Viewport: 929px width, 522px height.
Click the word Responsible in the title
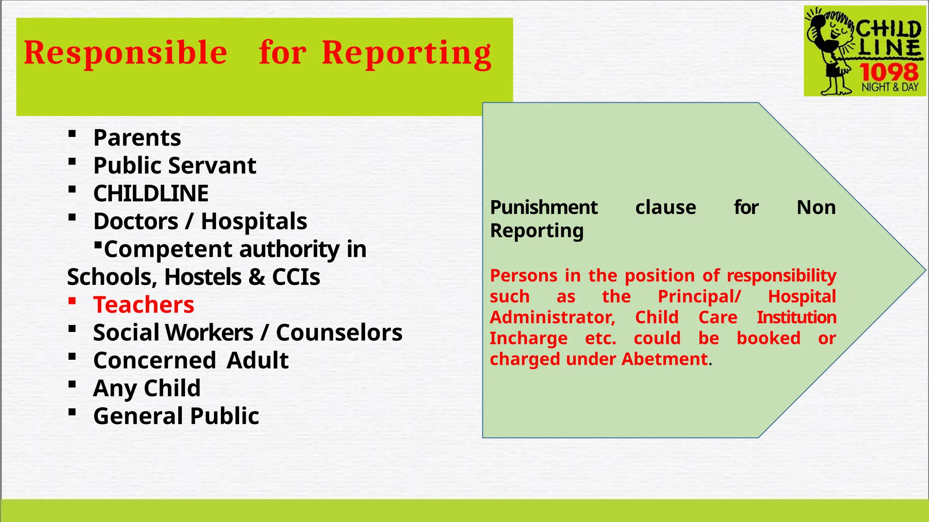125,53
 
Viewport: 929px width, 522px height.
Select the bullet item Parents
137,138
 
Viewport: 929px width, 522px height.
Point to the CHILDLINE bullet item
151,193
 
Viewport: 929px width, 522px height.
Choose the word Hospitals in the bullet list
254,222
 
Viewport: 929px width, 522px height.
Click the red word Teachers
143,304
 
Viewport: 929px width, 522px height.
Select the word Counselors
339,333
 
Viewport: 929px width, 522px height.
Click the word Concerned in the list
154,361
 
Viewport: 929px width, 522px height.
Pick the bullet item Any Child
147,388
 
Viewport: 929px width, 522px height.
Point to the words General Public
176,416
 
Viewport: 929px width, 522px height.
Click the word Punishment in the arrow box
544,208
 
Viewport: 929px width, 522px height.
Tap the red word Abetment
665,359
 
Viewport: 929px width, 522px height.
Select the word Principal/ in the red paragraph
699,297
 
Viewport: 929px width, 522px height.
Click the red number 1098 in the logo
889,72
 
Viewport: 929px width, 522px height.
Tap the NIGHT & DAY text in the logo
890,87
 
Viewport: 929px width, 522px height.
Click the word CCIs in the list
296,277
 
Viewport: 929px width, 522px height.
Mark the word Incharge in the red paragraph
528,338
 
